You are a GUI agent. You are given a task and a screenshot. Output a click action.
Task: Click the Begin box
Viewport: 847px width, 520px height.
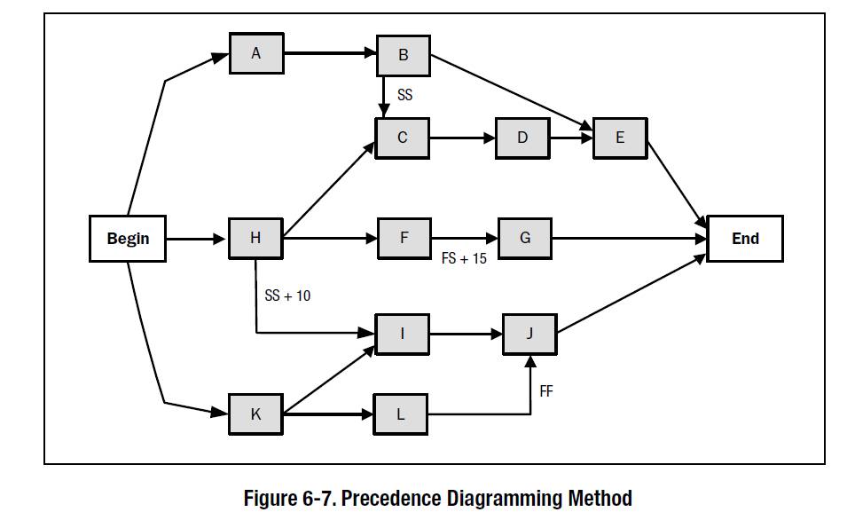[128, 238]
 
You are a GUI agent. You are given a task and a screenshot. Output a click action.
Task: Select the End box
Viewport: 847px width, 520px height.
[745, 238]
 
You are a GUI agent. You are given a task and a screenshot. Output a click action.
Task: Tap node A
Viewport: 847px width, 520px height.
[256, 53]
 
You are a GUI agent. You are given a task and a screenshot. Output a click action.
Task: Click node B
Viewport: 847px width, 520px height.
[404, 56]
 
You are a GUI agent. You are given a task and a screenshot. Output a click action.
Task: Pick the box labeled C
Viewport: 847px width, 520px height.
[402, 138]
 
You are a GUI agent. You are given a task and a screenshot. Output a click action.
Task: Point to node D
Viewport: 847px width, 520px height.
[522, 138]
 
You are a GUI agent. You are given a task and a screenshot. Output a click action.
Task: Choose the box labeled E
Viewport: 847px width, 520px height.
[619, 138]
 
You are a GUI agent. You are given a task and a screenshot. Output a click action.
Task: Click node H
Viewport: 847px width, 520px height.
[255, 238]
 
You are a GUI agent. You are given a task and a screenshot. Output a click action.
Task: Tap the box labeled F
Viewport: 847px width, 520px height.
[404, 238]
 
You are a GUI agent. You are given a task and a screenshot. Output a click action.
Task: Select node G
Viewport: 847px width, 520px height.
[524, 238]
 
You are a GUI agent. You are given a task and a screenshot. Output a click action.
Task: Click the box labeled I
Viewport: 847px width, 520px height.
[402, 335]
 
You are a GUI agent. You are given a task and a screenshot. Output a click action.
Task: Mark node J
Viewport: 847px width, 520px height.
[529, 335]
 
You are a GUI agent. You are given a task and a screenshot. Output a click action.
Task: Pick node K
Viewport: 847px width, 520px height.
[255, 414]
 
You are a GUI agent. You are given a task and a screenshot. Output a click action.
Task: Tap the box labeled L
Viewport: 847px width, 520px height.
[400, 414]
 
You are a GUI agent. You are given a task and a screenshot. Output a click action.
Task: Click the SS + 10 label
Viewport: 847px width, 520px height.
[287, 295]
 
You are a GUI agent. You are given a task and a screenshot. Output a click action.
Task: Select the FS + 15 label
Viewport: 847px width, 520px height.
[464, 260]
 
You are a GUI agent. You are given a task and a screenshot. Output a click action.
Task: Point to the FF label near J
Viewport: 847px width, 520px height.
[546, 390]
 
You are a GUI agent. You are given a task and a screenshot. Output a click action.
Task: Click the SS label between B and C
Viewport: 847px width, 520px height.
[404, 95]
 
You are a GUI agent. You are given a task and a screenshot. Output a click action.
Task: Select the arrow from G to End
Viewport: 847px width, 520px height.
[630, 238]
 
